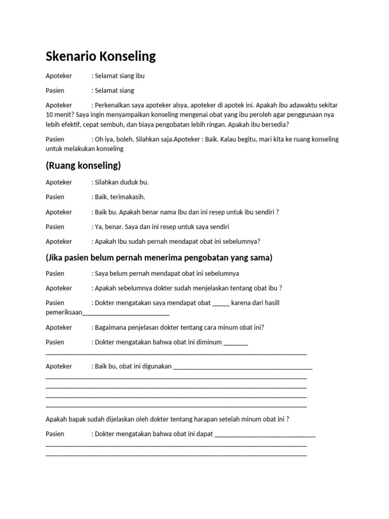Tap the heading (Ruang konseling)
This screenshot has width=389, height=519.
tap(84, 166)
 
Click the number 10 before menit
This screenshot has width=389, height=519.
tap(50, 115)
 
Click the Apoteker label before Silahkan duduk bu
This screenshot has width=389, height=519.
tap(59, 182)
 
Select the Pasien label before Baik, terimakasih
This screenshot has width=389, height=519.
tap(55, 197)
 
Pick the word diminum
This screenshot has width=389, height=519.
tap(209, 342)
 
